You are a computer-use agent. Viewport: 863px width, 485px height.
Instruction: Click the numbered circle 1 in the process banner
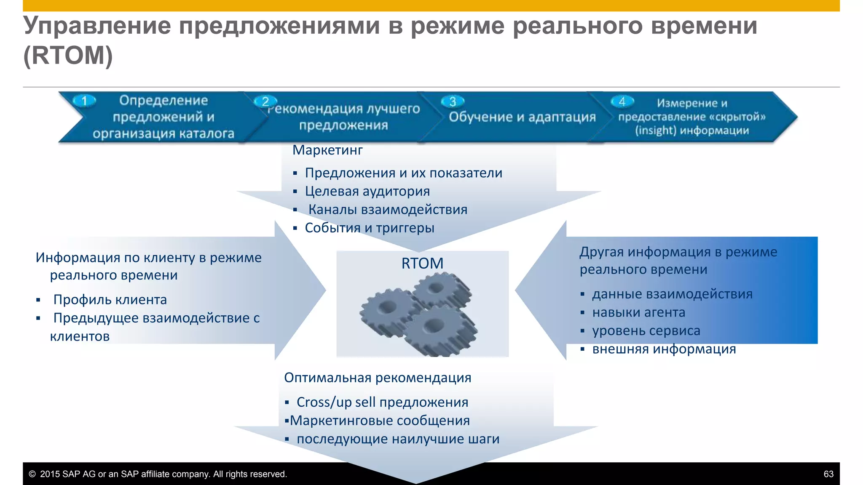84,101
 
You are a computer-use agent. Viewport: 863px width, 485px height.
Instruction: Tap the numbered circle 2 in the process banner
265,101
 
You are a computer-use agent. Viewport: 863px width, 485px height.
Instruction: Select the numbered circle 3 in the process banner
453,101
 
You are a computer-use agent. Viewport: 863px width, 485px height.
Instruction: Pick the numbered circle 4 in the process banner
622,101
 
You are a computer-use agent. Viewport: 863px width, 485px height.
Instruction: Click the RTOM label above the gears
422,263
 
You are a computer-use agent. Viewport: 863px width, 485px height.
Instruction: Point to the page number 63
828,474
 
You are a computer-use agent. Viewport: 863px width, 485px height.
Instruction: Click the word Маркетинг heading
327,150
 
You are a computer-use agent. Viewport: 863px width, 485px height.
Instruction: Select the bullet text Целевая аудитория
367,191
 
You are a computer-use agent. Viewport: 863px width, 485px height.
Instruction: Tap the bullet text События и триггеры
369,228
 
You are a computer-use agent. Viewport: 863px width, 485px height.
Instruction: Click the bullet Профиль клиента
110,299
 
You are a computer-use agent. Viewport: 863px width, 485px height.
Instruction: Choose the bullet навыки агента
638,312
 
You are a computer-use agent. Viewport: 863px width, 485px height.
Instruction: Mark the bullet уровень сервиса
646,330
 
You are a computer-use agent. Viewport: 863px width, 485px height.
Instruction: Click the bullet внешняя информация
664,349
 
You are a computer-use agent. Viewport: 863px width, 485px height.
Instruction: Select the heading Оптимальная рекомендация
378,378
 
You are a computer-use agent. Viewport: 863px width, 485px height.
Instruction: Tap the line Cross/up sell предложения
382,402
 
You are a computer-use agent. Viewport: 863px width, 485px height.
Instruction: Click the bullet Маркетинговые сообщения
380,421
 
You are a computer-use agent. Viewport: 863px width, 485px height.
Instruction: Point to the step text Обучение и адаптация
522,117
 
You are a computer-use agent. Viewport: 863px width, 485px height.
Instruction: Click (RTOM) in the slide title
68,55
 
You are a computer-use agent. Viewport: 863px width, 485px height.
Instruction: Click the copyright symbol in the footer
32,474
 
